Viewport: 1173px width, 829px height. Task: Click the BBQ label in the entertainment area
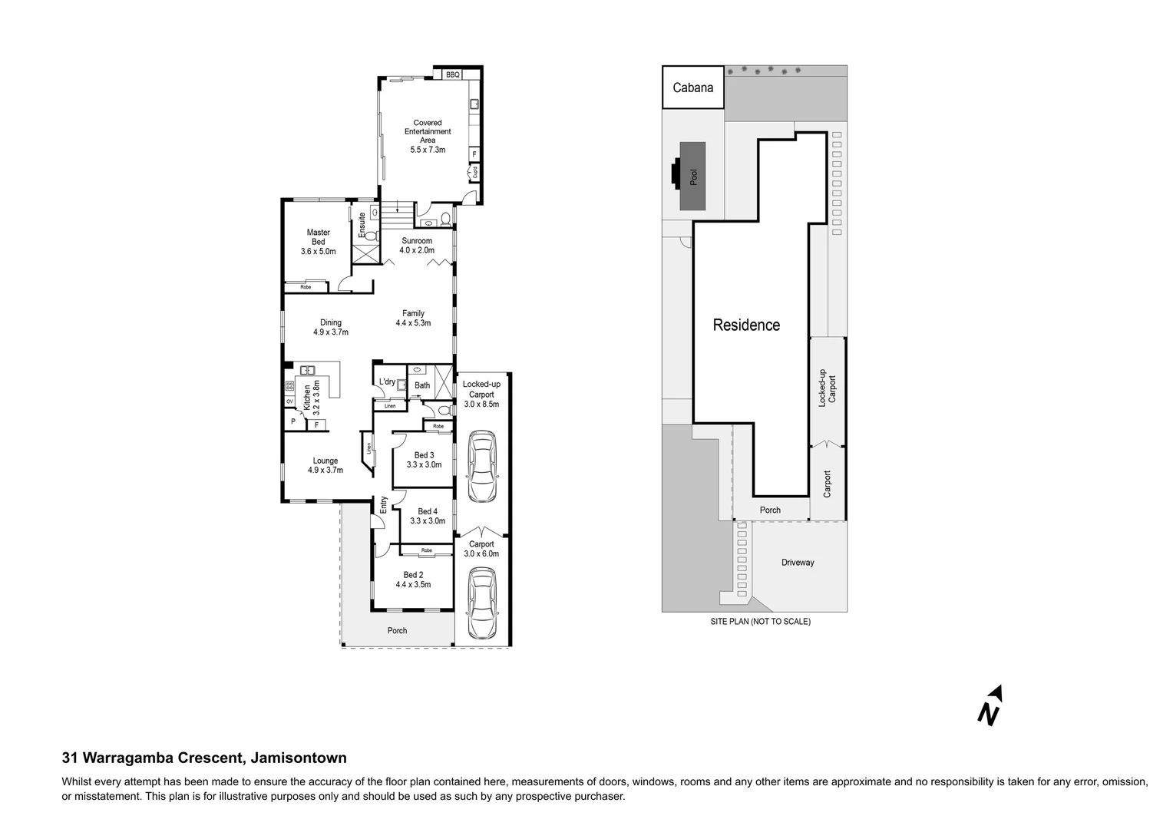point(452,74)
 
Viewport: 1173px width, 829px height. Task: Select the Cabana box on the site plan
point(692,88)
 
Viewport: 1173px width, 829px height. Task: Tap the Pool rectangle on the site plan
point(693,177)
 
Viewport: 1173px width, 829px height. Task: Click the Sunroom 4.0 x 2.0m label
point(417,246)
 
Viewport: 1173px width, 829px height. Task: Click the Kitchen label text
point(306,396)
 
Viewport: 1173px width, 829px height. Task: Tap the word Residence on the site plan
point(746,325)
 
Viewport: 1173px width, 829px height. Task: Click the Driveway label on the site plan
point(798,563)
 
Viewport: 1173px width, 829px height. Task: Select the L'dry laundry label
point(387,381)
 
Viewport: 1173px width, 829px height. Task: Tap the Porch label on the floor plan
point(397,631)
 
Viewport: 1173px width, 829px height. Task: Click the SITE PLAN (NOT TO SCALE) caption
point(760,622)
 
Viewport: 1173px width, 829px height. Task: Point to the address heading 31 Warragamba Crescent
point(204,758)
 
